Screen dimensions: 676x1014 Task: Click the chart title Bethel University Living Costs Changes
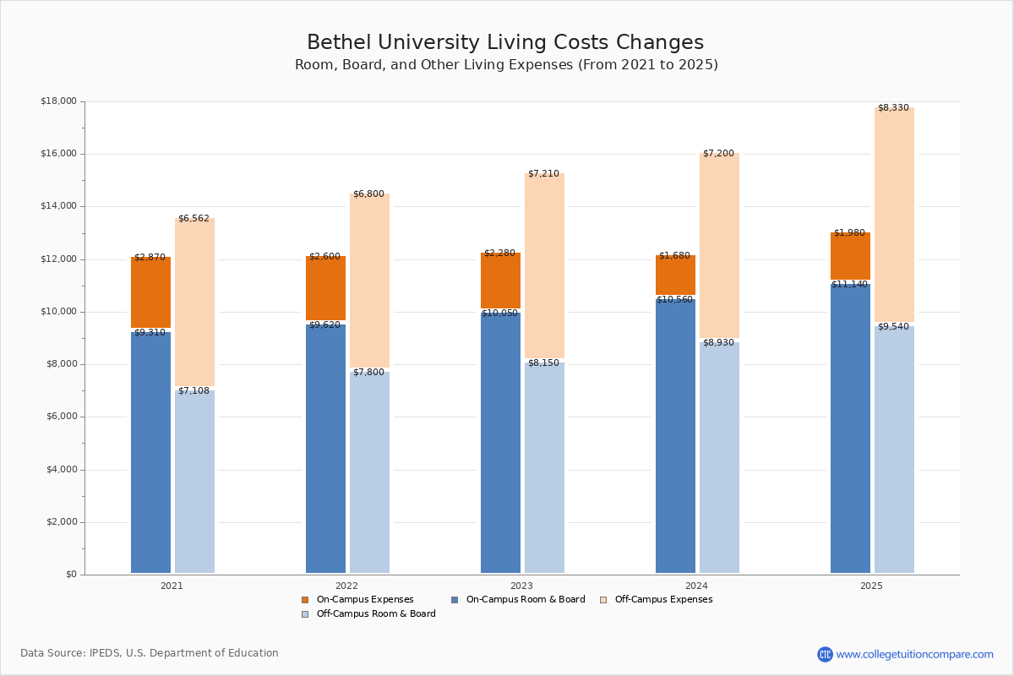(x=505, y=43)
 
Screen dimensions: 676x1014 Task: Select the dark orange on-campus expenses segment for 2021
(x=150, y=292)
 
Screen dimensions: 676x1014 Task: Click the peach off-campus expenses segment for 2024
(x=719, y=245)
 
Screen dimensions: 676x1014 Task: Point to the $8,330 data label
(x=893, y=108)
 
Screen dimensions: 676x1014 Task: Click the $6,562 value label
(x=194, y=219)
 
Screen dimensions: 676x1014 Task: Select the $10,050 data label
(x=499, y=313)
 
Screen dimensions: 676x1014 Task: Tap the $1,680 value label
(x=674, y=256)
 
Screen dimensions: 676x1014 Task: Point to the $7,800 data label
(x=368, y=373)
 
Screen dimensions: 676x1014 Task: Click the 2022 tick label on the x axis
(x=346, y=586)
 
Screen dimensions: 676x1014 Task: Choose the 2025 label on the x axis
(x=871, y=586)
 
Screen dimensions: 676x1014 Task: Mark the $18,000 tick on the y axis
(x=58, y=101)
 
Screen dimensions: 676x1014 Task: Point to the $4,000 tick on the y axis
(x=58, y=470)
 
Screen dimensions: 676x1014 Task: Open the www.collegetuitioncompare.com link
(x=914, y=654)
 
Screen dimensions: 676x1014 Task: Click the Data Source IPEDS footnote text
(x=150, y=653)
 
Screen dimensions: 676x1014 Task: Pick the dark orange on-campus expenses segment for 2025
(x=850, y=256)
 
